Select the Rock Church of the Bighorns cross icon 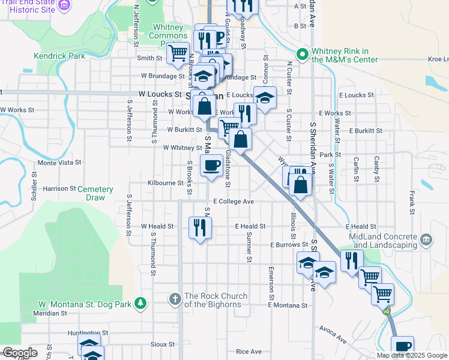pos(175,298)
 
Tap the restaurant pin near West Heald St pos(199,227)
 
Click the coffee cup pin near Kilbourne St pos(211,164)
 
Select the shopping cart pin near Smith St pos(178,53)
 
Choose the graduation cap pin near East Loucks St pos(265,96)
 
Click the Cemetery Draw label pos(95,193)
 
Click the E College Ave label pos(232,202)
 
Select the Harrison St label pos(59,188)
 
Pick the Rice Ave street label pos(249,352)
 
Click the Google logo pos(19,353)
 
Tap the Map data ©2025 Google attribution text pos(412,355)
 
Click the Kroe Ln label pos(438,59)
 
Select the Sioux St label pos(163,344)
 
